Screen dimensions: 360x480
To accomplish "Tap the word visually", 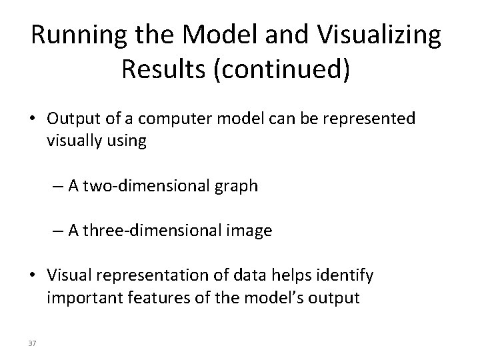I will tap(71, 141).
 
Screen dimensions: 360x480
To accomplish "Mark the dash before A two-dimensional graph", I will tap(58, 186).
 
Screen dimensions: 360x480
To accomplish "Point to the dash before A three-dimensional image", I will tap(58, 231).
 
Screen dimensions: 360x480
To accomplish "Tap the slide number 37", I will tap(32, 343).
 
